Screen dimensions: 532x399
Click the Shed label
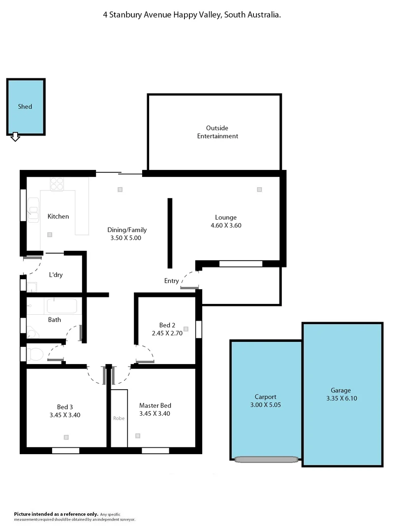25,106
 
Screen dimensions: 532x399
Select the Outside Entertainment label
217,132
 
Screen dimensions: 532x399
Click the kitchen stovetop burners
57,184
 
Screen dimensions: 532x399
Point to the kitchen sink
33,211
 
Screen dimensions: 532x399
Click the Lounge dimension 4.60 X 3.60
226,225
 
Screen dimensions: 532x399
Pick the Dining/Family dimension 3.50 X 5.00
127,238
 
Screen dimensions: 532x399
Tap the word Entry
172,281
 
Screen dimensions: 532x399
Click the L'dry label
56,275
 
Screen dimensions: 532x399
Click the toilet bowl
35,353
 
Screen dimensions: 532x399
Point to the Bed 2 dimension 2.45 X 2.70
167,333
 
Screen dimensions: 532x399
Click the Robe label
119,418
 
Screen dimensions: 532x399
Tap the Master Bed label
155,405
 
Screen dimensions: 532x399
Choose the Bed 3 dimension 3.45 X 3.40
65,415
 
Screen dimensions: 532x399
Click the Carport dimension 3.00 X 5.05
265,405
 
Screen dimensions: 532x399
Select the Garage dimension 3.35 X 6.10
341,399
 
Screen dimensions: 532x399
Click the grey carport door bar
267,460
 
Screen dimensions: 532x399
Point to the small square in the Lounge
259,189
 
